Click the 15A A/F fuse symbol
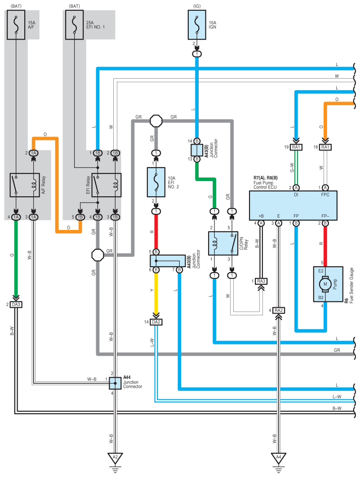16,25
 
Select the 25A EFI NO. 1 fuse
74,25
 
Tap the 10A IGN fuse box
197,25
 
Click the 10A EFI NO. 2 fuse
156,182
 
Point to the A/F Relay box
25,185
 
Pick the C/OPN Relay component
223,243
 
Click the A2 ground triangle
115,458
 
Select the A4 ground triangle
279,458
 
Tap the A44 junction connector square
115,383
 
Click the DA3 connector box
16,305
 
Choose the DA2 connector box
156,322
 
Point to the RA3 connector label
261,281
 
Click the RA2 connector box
279,310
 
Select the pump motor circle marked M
325,284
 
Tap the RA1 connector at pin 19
296,147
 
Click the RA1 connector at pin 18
325,147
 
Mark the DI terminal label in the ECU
296,194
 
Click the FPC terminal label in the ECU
325,194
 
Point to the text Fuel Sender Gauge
351,285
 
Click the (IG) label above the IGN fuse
197,6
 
